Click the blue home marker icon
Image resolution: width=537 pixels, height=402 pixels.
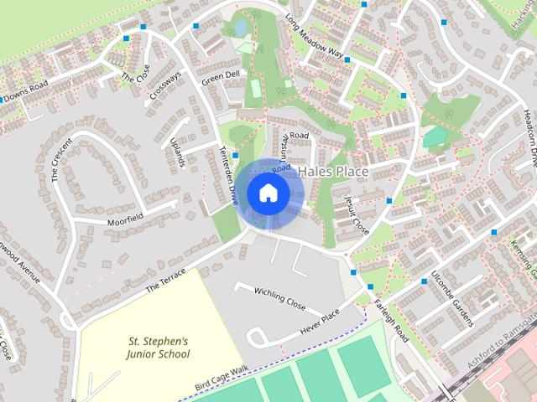point(268,193)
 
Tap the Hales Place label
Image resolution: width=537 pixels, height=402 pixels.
point(333,171)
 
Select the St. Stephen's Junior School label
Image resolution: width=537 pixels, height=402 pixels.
point(159,348)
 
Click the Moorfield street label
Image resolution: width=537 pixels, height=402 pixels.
point(125,219)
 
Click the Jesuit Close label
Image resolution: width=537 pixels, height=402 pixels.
point(357,214)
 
